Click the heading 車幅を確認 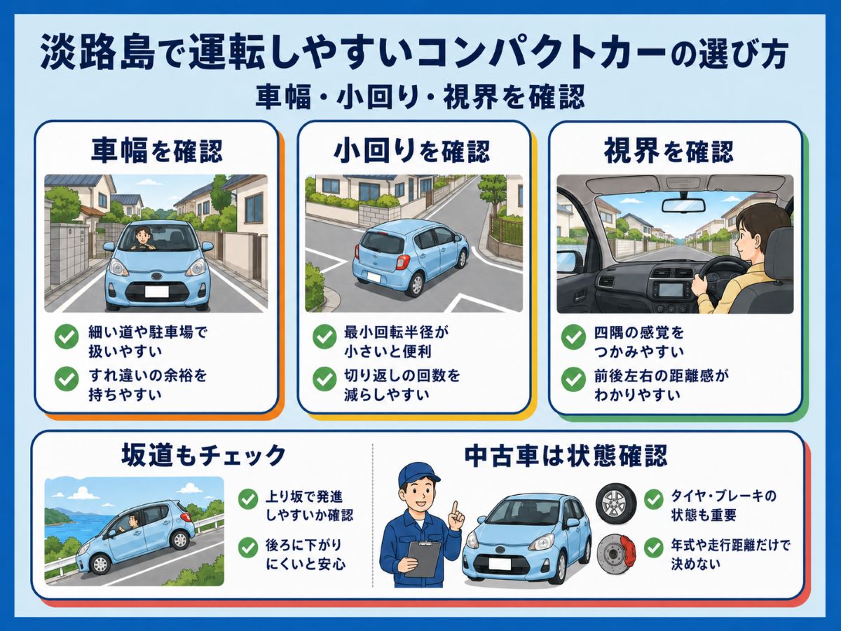tap(157, 151)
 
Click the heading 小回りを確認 tap(412, 151)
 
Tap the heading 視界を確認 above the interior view tap(669, 151)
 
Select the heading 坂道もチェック tap(203, 455)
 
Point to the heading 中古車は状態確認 tap(566, 455)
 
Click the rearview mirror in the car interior tap(683, 205)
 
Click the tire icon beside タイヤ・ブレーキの tap(616, 503)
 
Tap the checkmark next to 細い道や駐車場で tap(67, 337)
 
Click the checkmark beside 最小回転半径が tap(324, 337)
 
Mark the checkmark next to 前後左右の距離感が tap(573, 379)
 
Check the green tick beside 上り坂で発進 tap(248, 498)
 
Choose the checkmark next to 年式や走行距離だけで tap(654, 548)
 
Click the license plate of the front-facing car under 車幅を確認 tap(156, 292)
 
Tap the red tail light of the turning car tap(402, 262)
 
